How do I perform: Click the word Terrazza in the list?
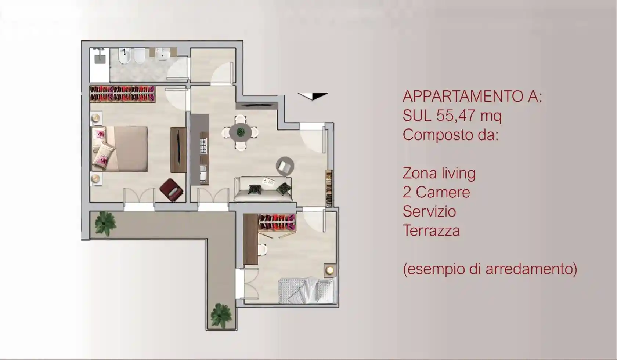[431, 231]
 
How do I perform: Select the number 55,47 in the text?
[457, 116]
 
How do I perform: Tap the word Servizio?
[429, 212]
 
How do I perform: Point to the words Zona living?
[439, 173]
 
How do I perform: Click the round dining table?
[240, 132]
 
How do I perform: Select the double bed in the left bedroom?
[119, 149]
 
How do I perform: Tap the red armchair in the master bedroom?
[172, 190]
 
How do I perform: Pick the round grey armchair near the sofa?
[285, 166]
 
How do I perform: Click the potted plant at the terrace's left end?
[105, 223]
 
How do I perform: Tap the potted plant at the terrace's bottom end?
[221, 315]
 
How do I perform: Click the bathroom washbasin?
[162, 55]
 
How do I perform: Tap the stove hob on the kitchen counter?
[203, 146]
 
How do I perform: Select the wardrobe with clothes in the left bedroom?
[122, 94]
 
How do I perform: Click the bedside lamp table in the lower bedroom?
[330, 270]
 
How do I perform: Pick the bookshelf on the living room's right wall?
[329, 188]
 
